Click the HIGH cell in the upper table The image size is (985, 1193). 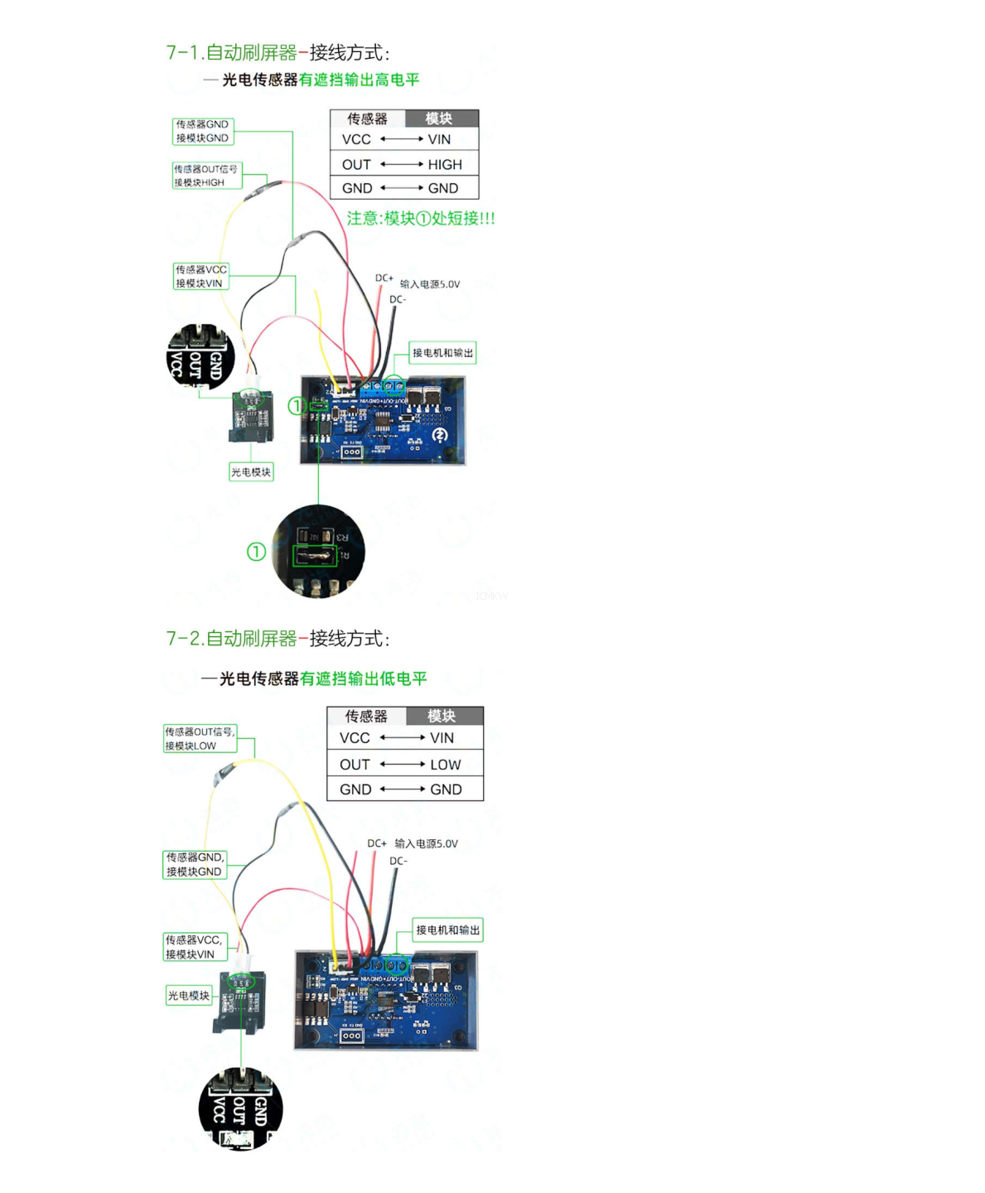click(x=444, y=164)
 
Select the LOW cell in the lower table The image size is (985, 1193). click(x=445, y=764)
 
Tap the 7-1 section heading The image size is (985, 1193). click(x=278, y=53)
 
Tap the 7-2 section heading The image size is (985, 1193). click(x=278, y=639)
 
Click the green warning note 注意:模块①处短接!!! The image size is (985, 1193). click(x=421, y=219)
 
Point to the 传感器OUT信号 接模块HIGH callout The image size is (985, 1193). click(x=206, y=176)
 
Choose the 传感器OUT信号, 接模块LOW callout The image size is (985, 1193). click(x=200, y=738)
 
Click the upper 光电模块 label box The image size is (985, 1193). click(x=251, y=472)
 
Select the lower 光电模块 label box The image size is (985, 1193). click(x=189, y=995)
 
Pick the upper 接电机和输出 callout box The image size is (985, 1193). click(x=442, y=353)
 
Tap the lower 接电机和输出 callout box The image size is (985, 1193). click(x=447, y=930)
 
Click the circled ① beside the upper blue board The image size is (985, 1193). click(x=297, y=406)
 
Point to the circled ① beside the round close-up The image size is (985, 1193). click(x=256, y=551)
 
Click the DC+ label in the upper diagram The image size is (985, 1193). click(x=384, y=278)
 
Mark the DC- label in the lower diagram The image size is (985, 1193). click(x=398, y=861)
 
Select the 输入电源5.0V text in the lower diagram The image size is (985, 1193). click(x=426, y=843)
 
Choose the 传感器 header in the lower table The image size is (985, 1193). click(x=366, y=716)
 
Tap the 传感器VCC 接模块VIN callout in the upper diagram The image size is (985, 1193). click(x=200, y=276)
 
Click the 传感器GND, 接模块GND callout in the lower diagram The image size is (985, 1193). click(x=195, y=864)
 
